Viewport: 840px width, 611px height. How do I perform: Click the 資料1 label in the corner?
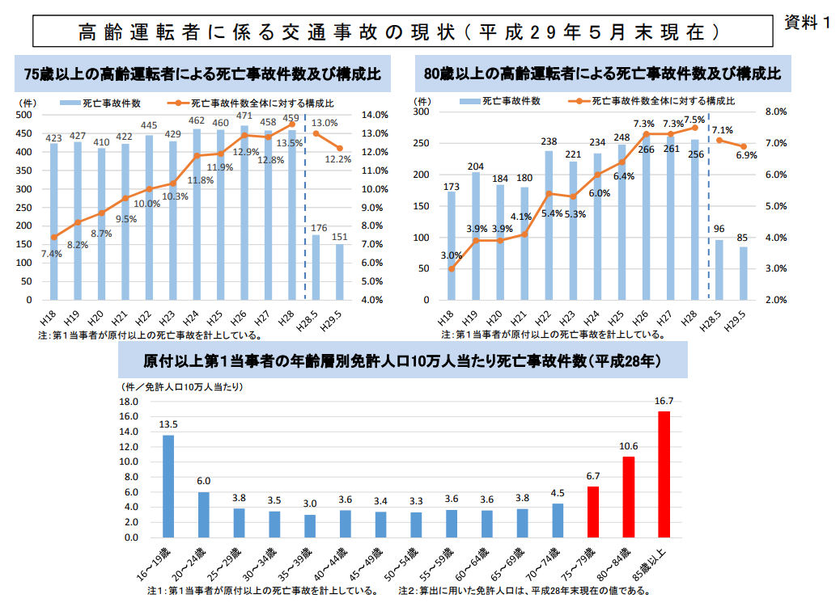pos(808,23)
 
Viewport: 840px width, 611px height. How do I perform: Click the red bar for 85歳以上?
pos(664,474)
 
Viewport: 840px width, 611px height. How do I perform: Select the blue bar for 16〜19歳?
pos(168,486)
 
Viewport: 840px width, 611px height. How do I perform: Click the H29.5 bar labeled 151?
pos(339,272)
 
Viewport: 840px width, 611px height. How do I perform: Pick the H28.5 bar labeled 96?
pos(719,269)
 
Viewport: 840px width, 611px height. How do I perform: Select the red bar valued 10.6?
pos(628,496)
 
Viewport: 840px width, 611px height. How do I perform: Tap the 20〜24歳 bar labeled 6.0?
pos(204,514)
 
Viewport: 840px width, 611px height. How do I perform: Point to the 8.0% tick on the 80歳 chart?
pos(776,112)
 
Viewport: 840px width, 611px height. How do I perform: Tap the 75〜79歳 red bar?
pos(593,512)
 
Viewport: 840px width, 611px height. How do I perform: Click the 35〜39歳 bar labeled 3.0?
pos(310,525)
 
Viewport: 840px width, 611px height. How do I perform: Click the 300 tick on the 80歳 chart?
pos(421,112)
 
